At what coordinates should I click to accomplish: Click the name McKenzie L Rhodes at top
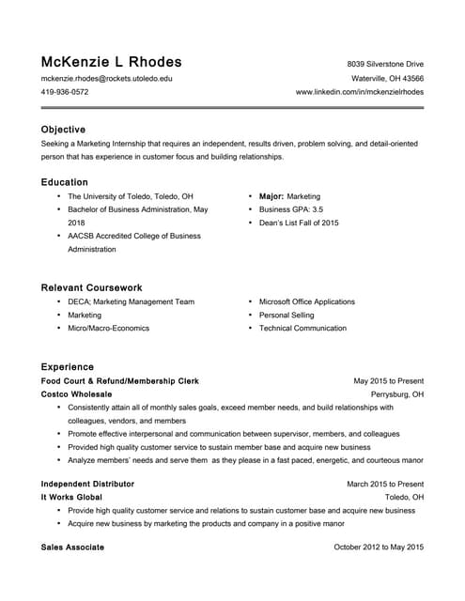111,63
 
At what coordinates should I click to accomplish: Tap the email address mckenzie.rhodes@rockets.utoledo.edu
106,79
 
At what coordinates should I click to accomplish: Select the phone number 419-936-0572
65,93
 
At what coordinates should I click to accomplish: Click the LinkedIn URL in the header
360,93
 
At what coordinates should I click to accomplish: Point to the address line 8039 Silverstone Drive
385,65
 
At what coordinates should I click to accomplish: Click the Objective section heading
63,130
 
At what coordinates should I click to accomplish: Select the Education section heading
65,182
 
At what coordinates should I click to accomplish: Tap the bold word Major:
271,197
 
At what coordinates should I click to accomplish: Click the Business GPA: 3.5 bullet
291,210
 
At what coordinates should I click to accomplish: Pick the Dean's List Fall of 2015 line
299,223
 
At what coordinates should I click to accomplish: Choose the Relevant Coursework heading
92,287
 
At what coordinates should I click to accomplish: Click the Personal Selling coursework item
287,316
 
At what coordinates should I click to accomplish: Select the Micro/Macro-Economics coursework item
108,329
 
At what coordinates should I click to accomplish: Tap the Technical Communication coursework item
302,329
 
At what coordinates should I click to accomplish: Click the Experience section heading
68,366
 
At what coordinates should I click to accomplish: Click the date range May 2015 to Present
388,381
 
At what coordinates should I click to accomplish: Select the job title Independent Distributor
87,484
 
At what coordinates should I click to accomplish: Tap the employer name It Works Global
71,497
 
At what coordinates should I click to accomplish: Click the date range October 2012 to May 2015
379,547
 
